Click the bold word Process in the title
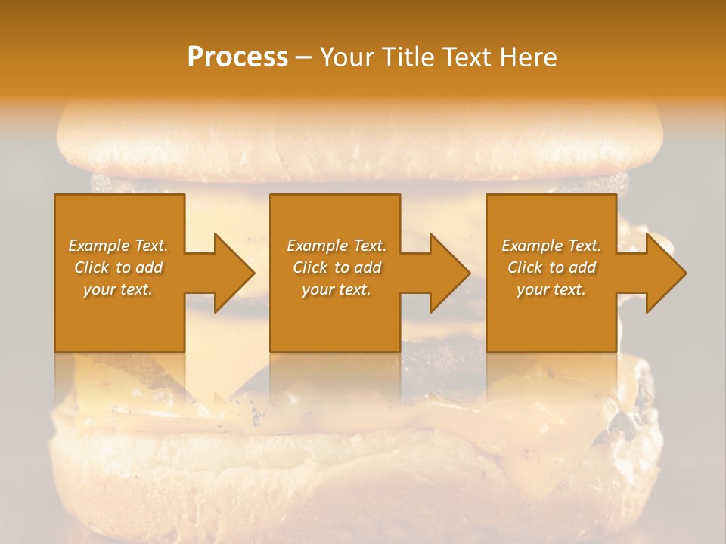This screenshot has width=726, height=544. pos(237,57)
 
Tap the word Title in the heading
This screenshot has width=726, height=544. pos(408,57)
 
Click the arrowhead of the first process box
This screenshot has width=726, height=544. pos(234,273)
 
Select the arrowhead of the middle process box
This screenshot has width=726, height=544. pos(449,273)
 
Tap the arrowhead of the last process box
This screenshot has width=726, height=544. pos(665,273)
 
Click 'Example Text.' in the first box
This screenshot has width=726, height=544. pos(118,246)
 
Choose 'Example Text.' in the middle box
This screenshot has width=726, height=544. pos(337,246)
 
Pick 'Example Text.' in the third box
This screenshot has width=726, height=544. pos(551,246)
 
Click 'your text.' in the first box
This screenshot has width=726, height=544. pos(118,289)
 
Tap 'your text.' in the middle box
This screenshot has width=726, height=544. pos(337,289)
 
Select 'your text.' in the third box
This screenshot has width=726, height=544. pos(551,289)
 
